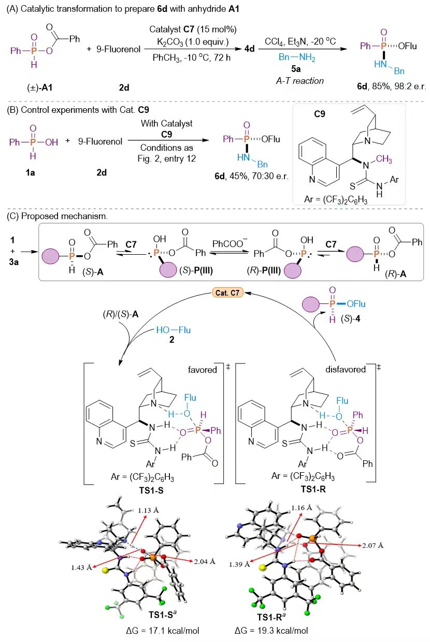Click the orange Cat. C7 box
pos(227,293)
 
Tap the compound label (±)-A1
pos(39,87)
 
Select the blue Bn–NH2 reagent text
pos(297,57)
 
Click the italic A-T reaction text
pos(300,81)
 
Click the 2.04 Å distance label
pos(205,561)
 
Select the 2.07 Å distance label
pos(372,545)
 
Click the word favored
pos(202,370)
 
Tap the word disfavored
pos(346,369)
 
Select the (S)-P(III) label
pos(196,270)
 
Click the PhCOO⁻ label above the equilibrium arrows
pos(230,244)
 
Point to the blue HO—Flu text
pos(173,330)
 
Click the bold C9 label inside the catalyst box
pos(319,114)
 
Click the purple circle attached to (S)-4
pos(311,304)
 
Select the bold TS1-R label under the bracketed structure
pos(313,489)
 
